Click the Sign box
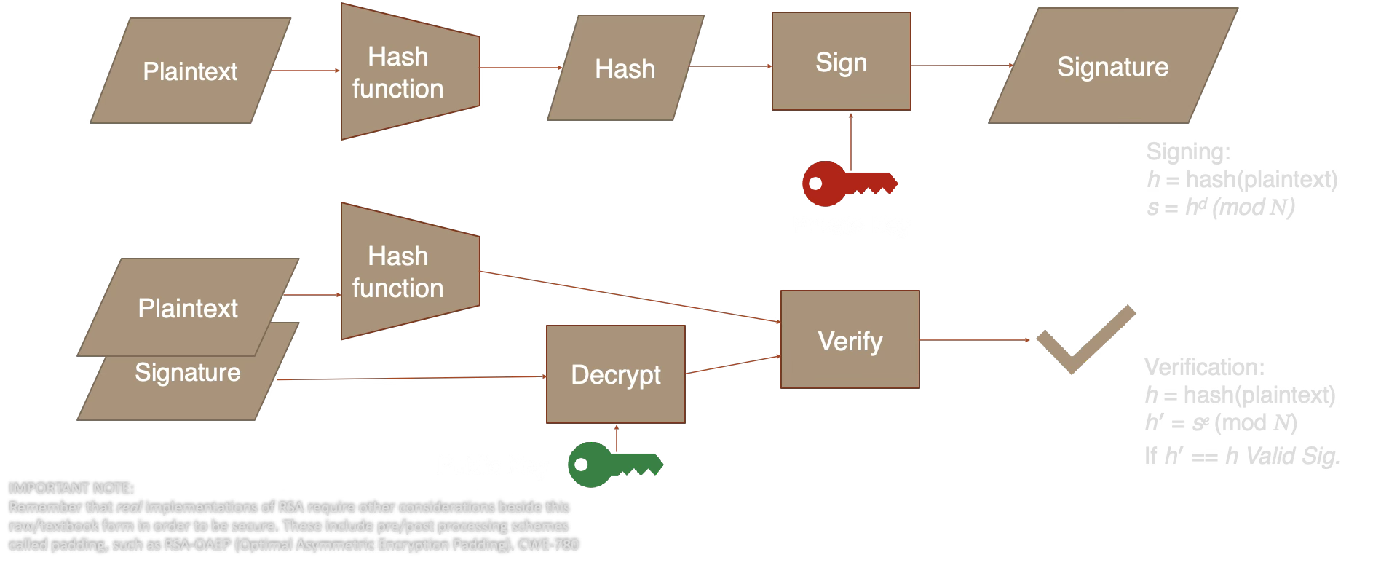pos(841,62)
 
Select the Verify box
pos(850,340)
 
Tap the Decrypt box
pos(615,374)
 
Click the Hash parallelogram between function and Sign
pos(625,68)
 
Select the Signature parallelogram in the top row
pos(1112,66)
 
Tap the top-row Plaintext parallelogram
pos(190,71)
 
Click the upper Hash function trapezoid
pos(405,72)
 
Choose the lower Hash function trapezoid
pos(405,272)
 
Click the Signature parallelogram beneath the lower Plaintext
pos(187,382)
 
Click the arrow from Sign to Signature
pos(961,66)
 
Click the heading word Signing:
pos(1187,151)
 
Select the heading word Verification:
pos(1204,366)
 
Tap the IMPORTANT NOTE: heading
pos(71,489)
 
